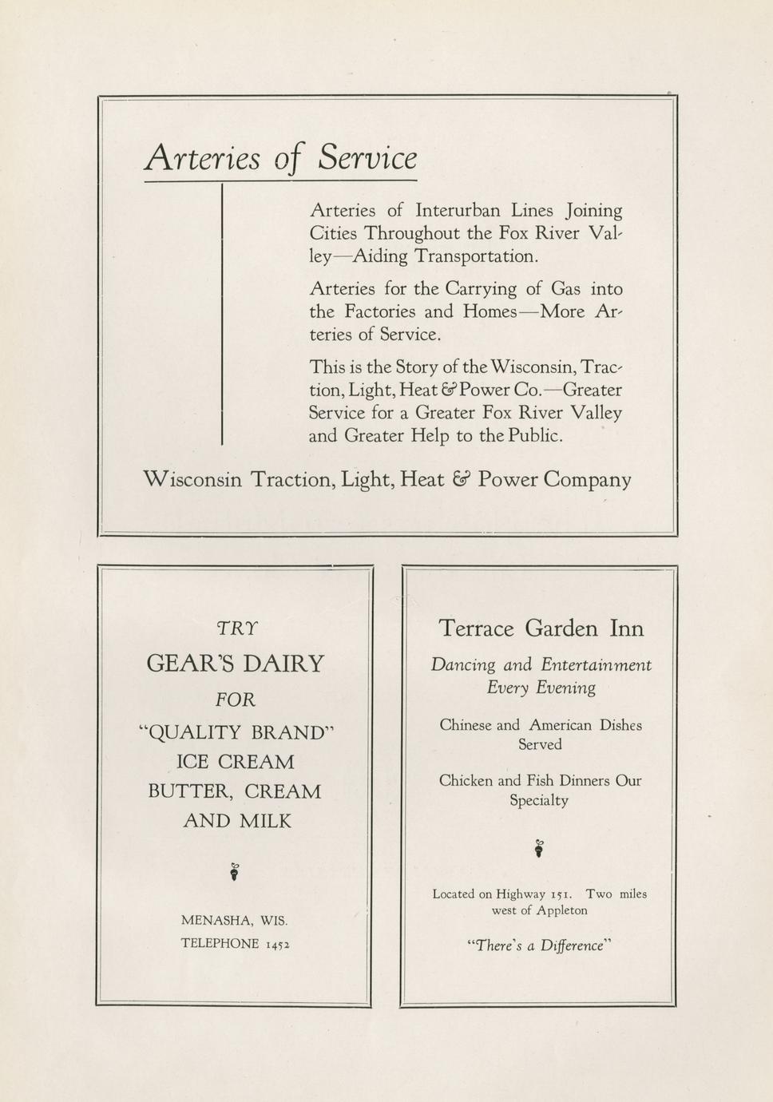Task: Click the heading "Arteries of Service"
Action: pos(280,157)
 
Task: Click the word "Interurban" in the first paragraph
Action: pos(458,211)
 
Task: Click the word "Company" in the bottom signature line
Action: pos(588,480)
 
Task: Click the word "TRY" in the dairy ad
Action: pos(236,628)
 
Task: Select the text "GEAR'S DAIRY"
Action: pos(236,664)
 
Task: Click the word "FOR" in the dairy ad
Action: pos(236,700)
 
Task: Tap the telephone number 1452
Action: pos(276,944)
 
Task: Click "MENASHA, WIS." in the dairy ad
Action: pos(234,921)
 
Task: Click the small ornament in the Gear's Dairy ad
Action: pos(234,871)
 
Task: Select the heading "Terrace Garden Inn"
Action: pos(541,628)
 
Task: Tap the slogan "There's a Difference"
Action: pos(540,945)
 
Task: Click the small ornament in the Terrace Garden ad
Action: pos(540,848)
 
